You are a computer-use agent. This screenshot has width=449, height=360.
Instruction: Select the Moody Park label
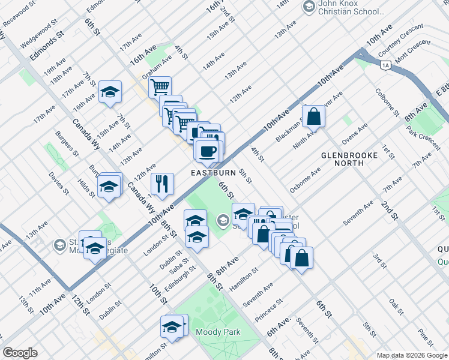pos(217,332)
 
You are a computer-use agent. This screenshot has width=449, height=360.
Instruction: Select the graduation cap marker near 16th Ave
pos(110,92)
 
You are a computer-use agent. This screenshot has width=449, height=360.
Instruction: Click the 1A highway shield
pos(385,64)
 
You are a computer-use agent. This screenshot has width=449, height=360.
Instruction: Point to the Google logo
pos(20,353)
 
